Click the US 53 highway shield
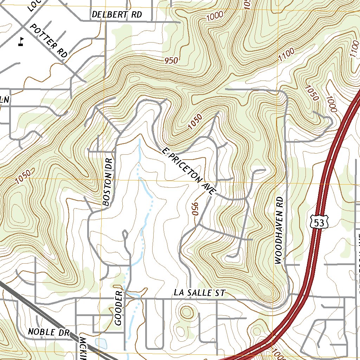tap(319, 221)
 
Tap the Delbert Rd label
tap(117, 14)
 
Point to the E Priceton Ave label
tap(189, 171)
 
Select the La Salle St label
tap(199, 293)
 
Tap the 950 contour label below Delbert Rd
tap(171, 60)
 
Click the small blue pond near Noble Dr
tap(101, 343)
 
